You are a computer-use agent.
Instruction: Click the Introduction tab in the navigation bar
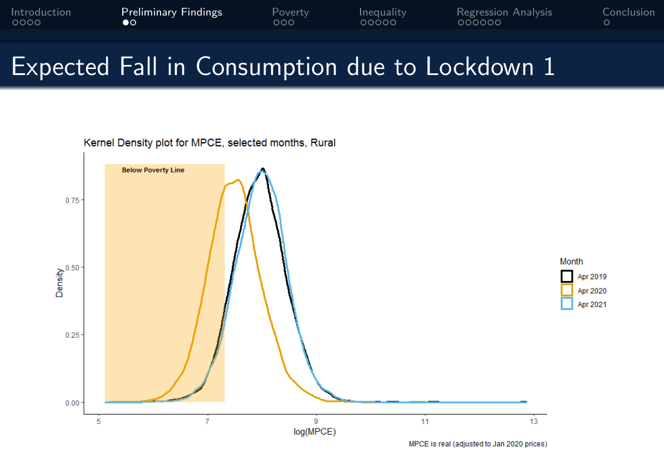point(41,12)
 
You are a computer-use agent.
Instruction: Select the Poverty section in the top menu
point(290,12)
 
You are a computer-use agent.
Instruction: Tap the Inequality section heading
point(382,12)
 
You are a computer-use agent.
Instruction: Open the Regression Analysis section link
point(504,12)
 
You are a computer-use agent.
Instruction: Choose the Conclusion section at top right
point(628,12)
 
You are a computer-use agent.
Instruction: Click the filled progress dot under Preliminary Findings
point(126,23)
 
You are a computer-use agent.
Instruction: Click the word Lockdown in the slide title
point(478,67)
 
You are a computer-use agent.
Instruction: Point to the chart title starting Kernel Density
point(209,143)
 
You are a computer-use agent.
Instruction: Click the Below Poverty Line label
point(153,170)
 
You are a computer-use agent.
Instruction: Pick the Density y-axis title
point(59,283)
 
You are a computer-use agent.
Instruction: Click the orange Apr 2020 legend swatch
point(567,291)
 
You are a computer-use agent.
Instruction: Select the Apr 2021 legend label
point(592,305)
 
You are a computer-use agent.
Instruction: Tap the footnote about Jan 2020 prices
point(478,444)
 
